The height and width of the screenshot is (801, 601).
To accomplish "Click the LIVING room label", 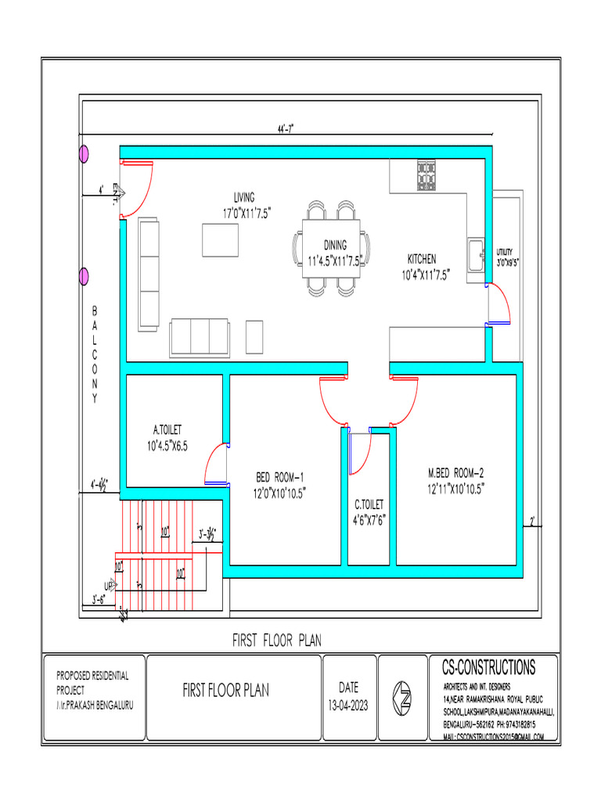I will click(x=243, y=197).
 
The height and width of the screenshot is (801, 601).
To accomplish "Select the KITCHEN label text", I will click(x=422, y=259).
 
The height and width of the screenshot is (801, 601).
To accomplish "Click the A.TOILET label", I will click(x=167, y=429).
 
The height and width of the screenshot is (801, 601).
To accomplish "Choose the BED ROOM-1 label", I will click(x=280, y=477).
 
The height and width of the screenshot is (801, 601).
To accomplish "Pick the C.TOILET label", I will click(x=369, y=505).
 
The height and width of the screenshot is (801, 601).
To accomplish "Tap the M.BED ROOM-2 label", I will click(x=456, y=472).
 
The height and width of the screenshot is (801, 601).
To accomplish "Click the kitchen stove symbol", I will click(x=426, y=175).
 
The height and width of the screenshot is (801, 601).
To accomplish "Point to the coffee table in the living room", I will click(x=221, y=239).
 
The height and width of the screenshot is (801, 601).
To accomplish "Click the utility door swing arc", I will click(x=501, y=303).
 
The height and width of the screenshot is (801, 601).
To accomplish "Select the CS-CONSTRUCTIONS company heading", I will click(x=488, y=667).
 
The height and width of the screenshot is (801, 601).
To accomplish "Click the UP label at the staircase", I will click(x=108, y=586).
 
